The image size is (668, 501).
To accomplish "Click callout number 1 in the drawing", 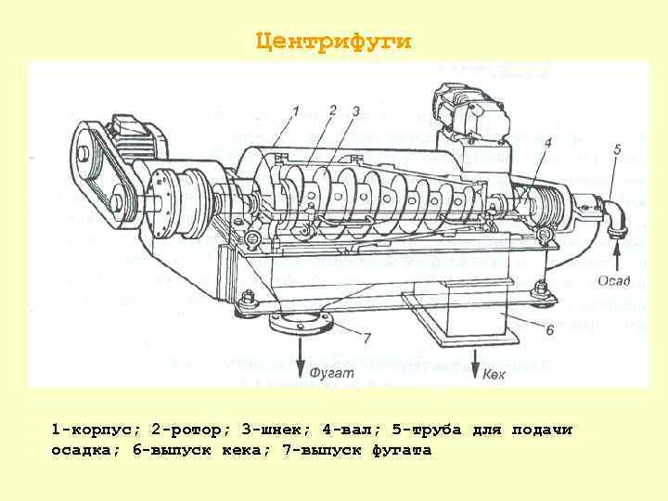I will pos(294,111).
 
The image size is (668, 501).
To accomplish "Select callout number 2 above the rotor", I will pos(332,109).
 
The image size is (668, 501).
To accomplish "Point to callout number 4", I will pos(547,143).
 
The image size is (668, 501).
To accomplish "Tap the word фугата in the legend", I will pos(402,450).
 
